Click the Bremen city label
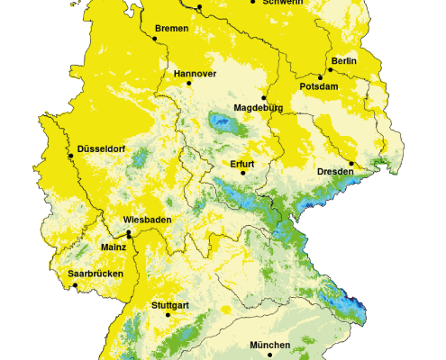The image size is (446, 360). click(171, 29)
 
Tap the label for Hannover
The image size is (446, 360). click(195, 73)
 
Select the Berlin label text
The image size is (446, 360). click(344, 60)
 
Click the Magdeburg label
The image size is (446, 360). click(259, 108)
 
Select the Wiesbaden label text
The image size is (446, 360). click(148, 219)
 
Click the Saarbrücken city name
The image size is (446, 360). click(96, 274)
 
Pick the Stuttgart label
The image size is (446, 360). click(169, 306)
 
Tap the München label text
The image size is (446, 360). click(270, 346)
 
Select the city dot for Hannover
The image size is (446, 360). click(189, 83)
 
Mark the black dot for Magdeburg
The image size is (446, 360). click(264, 97)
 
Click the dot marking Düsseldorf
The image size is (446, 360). click(71, 157)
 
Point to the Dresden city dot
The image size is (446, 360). click(351, 164)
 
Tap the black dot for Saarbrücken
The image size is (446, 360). click(76, 285)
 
